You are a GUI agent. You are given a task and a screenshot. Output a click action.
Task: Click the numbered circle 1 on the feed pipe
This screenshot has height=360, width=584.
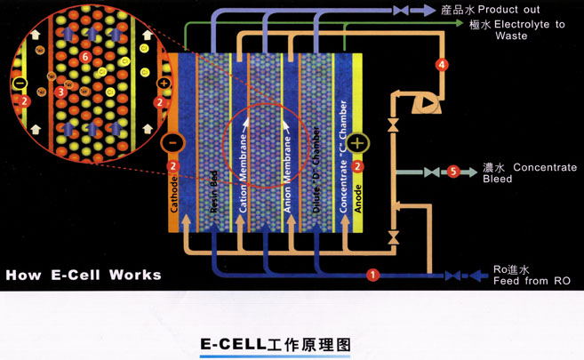pyautogui.click(x=373, y=275)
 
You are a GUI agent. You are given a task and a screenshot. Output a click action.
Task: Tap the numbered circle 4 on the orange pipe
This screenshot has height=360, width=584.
pyautogui.click(x=443, y=64)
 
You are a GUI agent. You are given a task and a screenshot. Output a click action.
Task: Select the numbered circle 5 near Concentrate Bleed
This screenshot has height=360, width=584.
pyautogui.click(x=453, y=172)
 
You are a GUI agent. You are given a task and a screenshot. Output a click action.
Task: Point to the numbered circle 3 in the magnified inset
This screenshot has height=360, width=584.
pyautogui.click(x=60, y=91)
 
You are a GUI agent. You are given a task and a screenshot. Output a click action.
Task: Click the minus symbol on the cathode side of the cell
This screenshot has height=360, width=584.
pyautogui.click(x=173, y=142)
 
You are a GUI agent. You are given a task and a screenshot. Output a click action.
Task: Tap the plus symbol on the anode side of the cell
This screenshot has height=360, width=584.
pyautogui.click(x=358, y=142)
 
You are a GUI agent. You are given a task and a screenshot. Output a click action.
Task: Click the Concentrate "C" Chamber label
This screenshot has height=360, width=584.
pyautogui.click(x=342, y=156)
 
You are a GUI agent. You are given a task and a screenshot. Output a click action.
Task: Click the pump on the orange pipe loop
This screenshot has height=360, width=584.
pyautogui.click(x=425, y=103)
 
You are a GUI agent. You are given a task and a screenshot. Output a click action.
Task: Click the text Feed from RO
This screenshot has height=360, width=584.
pyautogui.click(x=532, y=282)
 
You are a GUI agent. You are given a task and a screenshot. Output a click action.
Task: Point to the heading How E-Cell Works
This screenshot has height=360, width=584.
pyautogui.click(x=84, y=274)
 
